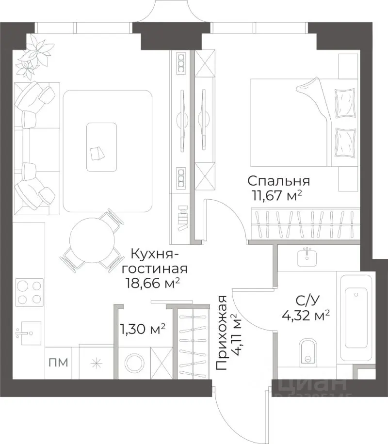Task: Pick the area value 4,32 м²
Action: (x=306, y=316)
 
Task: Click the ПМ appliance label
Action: (x=58, y=362)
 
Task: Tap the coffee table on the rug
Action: (x=101, y=147)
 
